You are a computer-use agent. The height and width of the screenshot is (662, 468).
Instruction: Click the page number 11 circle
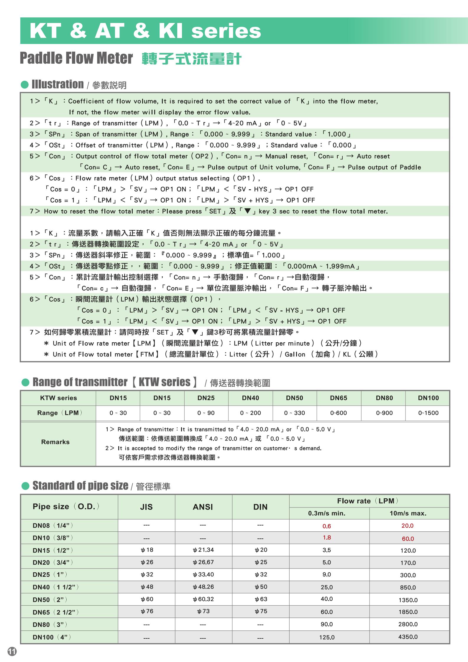(x=12, y=651)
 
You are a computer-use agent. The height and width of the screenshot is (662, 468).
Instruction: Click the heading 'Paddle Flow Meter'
(x=76, y=58)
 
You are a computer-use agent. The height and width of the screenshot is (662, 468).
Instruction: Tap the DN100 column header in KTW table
(x=428, y=398)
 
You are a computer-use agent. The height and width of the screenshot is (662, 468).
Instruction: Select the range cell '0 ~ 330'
(x=294, y=413)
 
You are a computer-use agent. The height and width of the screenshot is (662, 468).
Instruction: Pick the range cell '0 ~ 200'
(x=250, y=413)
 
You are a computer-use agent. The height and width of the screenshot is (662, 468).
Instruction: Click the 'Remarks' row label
(x=55, y=442)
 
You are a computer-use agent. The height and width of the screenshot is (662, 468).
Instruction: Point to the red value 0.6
(x=326, y=526)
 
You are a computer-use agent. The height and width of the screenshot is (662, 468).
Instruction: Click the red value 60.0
(x=408, y=539)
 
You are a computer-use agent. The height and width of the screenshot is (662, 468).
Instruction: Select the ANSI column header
(x=203, y=507)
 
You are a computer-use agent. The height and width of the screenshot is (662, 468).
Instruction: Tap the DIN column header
(x=260, y=507)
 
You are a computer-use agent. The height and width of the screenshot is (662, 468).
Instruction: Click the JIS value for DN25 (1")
(x=147, y=574)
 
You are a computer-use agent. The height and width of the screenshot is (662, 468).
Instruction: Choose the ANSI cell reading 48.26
(x=203, y=587)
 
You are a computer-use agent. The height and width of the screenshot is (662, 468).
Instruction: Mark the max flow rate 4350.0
(x=408, y=637)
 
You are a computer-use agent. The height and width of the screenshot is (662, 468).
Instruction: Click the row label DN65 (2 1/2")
(x=56, y=612)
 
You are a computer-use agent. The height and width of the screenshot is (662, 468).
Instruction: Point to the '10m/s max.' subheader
(x=408, y=513)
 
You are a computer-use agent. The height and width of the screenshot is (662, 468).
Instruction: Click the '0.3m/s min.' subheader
(x=326, y=513)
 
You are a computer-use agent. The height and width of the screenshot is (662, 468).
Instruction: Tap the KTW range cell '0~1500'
(x=428, y=413)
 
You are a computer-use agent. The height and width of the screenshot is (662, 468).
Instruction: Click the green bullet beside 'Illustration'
(x=25, y=85)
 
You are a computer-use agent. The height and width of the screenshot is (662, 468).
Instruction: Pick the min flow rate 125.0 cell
(x=326, y=637)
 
